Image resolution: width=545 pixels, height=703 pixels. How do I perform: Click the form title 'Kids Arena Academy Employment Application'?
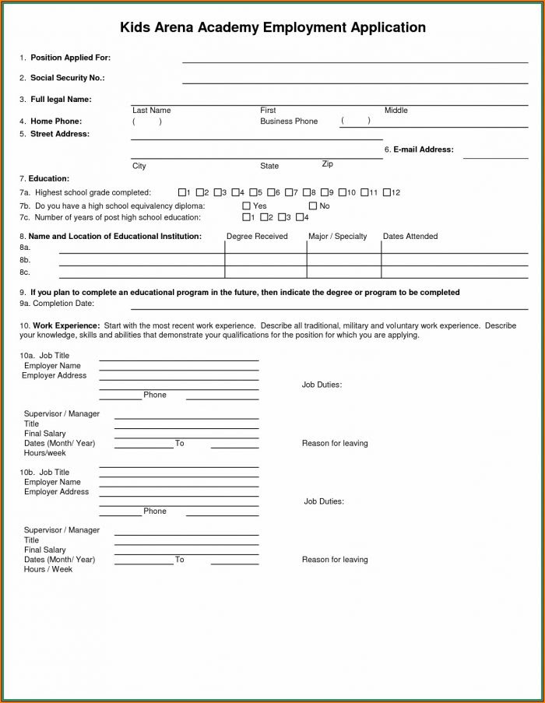click(x=272, y=27)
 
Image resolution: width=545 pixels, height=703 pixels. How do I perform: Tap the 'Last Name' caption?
click(x=151, y=111)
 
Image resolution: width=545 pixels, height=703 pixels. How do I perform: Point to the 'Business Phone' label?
click(x=289, y=121)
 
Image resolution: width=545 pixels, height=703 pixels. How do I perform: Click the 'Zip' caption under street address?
click(x=328, y=164)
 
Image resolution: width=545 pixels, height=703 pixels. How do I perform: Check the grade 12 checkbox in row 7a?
click(x=386, y=192)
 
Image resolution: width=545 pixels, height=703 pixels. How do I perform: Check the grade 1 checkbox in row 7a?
click(x=182, y=192)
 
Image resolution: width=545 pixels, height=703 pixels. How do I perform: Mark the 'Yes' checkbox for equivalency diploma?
click(x=246, y=206)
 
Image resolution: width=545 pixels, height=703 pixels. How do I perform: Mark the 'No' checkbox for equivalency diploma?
click(x=313, y=206)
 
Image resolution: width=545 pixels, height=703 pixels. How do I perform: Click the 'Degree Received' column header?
click(x=257, y=237)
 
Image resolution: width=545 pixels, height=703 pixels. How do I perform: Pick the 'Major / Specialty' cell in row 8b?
click(x=343, y=260)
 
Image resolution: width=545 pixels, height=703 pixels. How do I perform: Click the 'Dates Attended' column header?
click(x=410, y=237)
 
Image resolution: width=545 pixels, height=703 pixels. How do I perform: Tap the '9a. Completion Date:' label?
click(x=57, y=304)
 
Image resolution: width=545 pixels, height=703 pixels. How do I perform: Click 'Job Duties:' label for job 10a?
click(x=322, y=385)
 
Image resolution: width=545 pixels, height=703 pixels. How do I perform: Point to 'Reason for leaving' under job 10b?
click(x=335, y=560)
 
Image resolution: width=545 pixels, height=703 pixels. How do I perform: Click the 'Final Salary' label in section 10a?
click(x=45, y=434)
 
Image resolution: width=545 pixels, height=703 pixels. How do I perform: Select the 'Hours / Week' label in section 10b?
click(x=48, y=569)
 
